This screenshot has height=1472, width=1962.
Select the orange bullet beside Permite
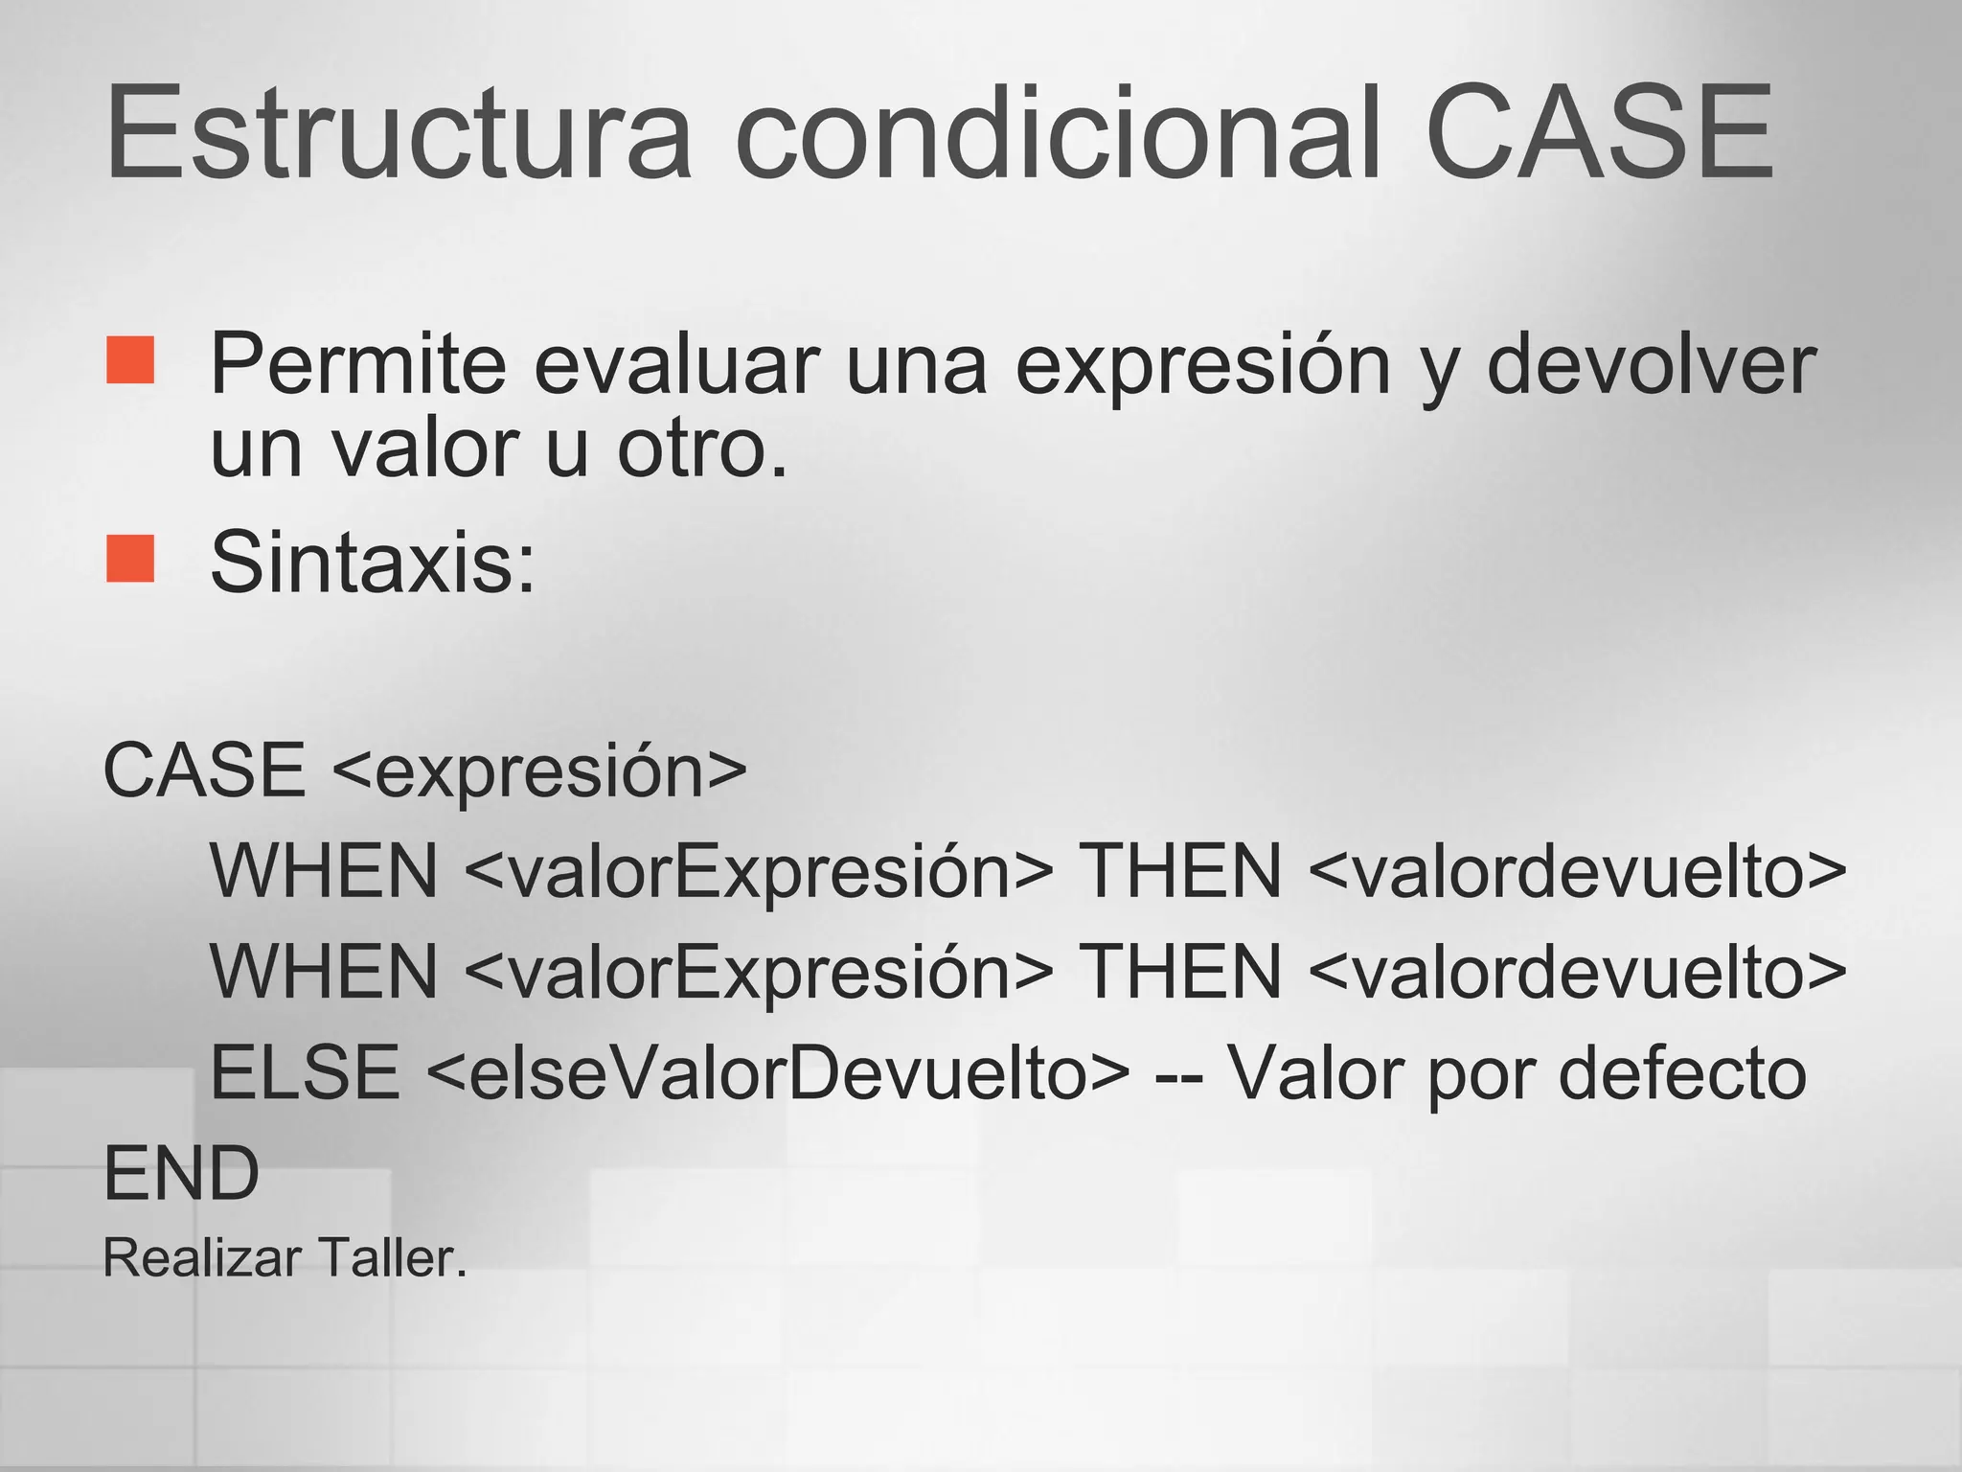pos(130,359)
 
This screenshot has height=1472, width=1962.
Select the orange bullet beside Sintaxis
pos(130,558)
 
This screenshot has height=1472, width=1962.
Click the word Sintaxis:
pos(373,563)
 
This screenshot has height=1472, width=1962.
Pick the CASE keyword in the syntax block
pos(204,770)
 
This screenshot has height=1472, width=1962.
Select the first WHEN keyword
pos(324,871)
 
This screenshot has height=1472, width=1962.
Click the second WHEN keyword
pos(324,972)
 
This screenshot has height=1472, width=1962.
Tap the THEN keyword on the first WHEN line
pos(1180,871)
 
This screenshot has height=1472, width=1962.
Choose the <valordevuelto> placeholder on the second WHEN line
pos(1576,972)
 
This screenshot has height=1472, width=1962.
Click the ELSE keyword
pos(305,1072)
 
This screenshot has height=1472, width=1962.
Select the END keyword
pos(181,1174)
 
